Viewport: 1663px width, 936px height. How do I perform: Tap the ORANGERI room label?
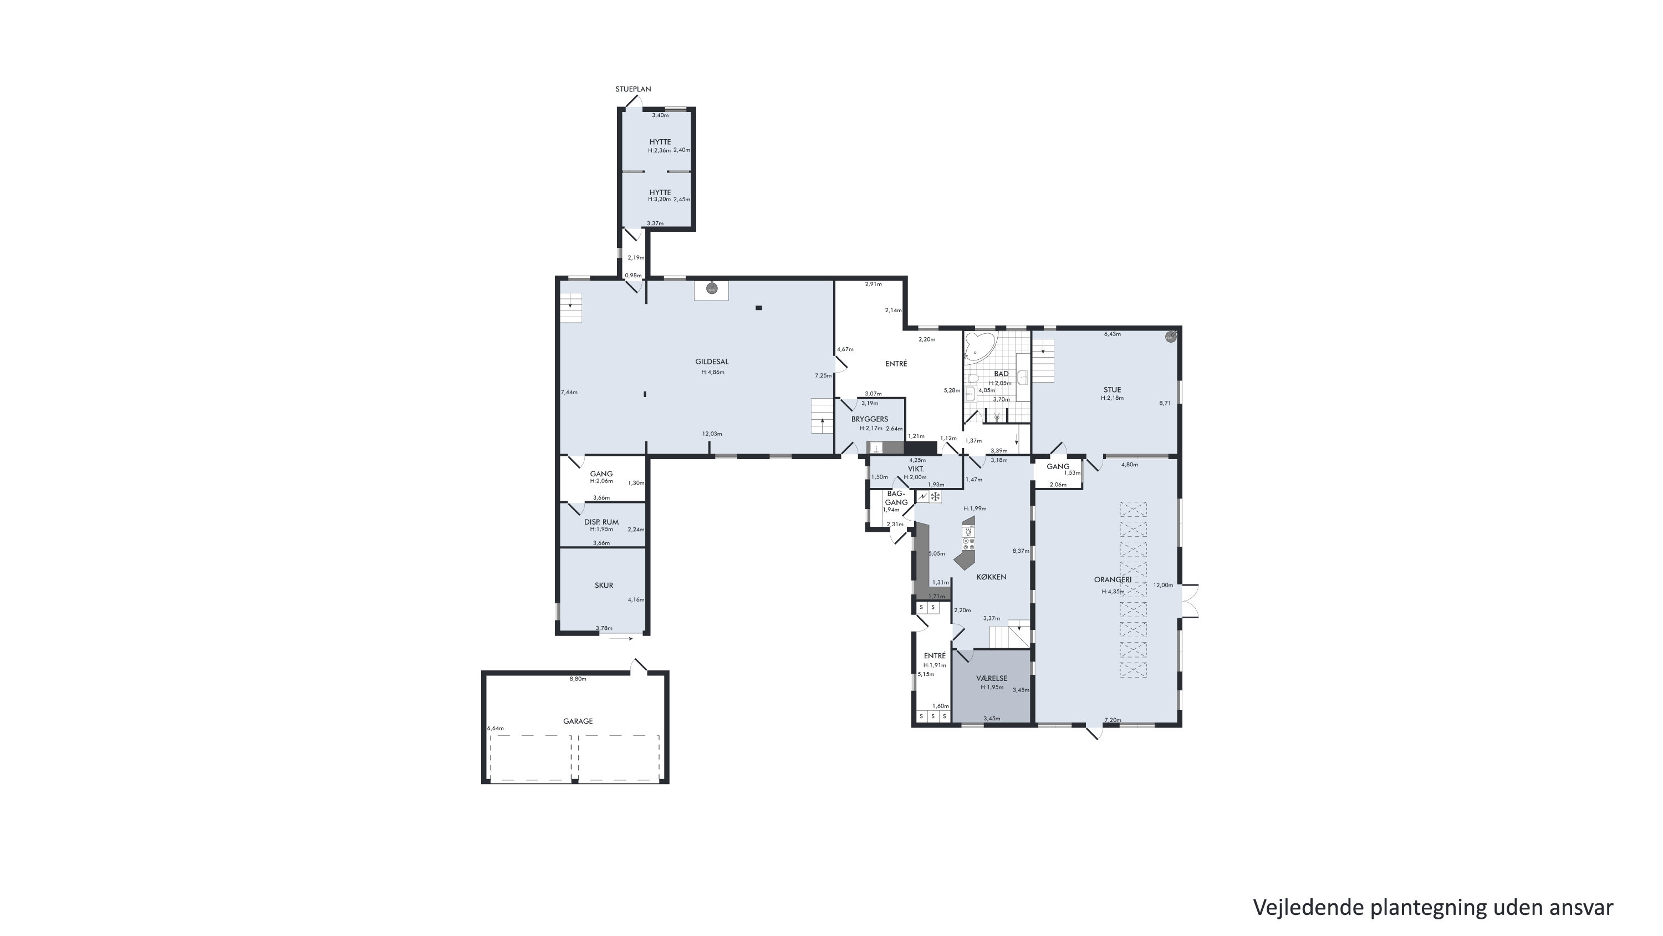1113,579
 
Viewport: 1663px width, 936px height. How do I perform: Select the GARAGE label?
578,721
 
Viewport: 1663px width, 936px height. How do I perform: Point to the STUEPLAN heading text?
632,89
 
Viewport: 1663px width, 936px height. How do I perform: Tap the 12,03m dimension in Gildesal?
712,434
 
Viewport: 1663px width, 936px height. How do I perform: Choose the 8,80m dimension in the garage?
578,679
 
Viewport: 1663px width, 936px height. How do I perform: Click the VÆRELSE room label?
992,678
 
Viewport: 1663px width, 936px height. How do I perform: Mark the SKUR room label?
604,585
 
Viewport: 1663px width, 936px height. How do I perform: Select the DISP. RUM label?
601,522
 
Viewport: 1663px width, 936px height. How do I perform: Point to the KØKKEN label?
991,577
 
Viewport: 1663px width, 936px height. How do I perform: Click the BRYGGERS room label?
870,419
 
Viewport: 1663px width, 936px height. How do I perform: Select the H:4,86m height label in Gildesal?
713,372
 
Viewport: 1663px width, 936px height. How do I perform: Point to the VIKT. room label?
915,469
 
